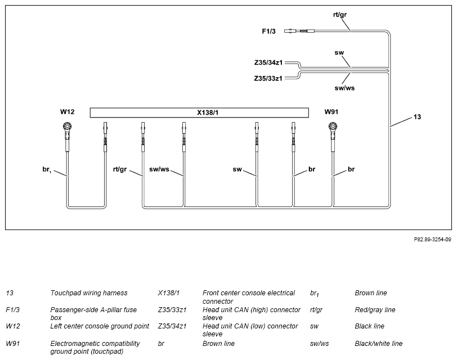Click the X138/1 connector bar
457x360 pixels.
[x=199, y=112]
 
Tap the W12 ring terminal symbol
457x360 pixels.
[x=68, y=127]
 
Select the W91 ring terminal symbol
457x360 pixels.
[x=333, y=127]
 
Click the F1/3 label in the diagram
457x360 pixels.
[x=268, y=31]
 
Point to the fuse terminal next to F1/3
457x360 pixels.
[x=299, y=30]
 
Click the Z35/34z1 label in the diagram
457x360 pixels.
[x=268, y=62]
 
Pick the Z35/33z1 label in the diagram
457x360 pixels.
[x=268, y=78]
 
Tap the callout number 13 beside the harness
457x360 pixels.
[x=417, y=117]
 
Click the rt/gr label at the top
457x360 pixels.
[x=340, y=15]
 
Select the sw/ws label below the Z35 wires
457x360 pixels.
[x=344, y=88]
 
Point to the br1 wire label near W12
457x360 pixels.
[x=47, y=169]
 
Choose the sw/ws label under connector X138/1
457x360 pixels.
[x=159, y=169]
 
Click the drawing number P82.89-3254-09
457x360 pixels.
[x=432, y=240]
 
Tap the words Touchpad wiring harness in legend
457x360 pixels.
[x=89, y=292]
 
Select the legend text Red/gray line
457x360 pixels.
[x=375, y=309]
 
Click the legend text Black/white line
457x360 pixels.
[x=378, y=343]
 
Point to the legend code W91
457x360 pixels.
[x=13, y=343]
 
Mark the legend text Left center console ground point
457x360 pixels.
[x=100, y=326]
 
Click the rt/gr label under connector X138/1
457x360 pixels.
[x=120, y=169]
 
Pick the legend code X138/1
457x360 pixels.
[x=169, y=292]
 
